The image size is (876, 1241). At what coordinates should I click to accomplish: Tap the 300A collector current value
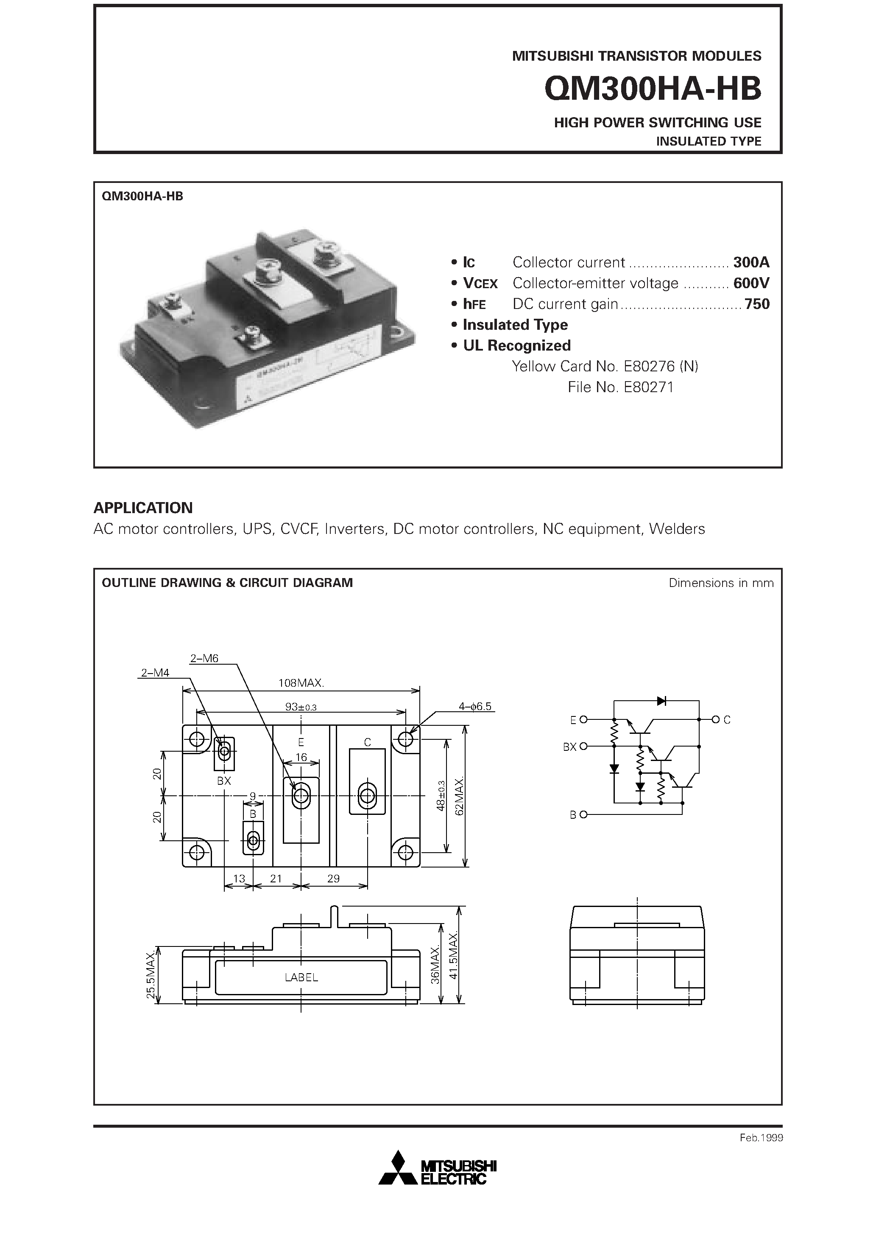[x=750, y=262]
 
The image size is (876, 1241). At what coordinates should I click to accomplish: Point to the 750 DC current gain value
[x=757, y=304]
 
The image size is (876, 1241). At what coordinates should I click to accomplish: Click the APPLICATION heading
[x=143, y=508]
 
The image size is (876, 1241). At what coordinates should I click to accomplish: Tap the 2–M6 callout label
[x=204, y=658]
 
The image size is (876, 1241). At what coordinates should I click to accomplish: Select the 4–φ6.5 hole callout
[x=475, y=706]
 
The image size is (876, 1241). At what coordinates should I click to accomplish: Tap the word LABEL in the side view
[x=301, y=977]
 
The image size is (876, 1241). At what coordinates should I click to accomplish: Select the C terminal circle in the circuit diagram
[x=716, y=719]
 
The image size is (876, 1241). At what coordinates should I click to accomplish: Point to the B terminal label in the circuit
[x=573, y=814]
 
